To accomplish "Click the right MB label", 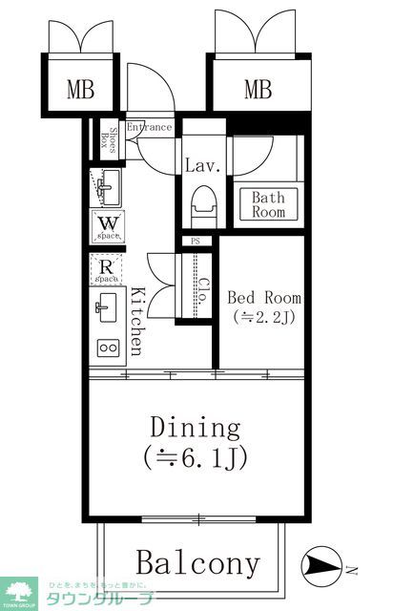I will tap(258, 91).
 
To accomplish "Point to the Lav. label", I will tap(202, 165).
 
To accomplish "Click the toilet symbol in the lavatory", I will tap(202, 205).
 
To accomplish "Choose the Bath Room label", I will tap(268, 205).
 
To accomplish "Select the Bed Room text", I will tap(262, 296).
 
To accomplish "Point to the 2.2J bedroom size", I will tap(262, 318).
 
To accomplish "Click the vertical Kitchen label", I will tap(137, 321).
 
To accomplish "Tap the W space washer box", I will tap(106, 225).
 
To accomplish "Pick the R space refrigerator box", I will tap(106, 270).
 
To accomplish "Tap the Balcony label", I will tap(196, 563).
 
